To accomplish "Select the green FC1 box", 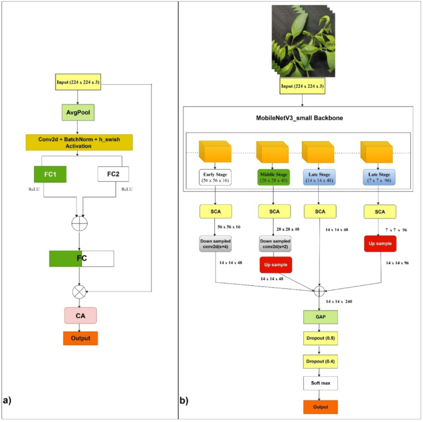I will click(54, 174).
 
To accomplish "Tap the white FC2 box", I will click(113, 174).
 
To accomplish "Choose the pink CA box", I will click(80, 316).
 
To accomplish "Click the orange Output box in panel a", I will click(80, 338).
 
